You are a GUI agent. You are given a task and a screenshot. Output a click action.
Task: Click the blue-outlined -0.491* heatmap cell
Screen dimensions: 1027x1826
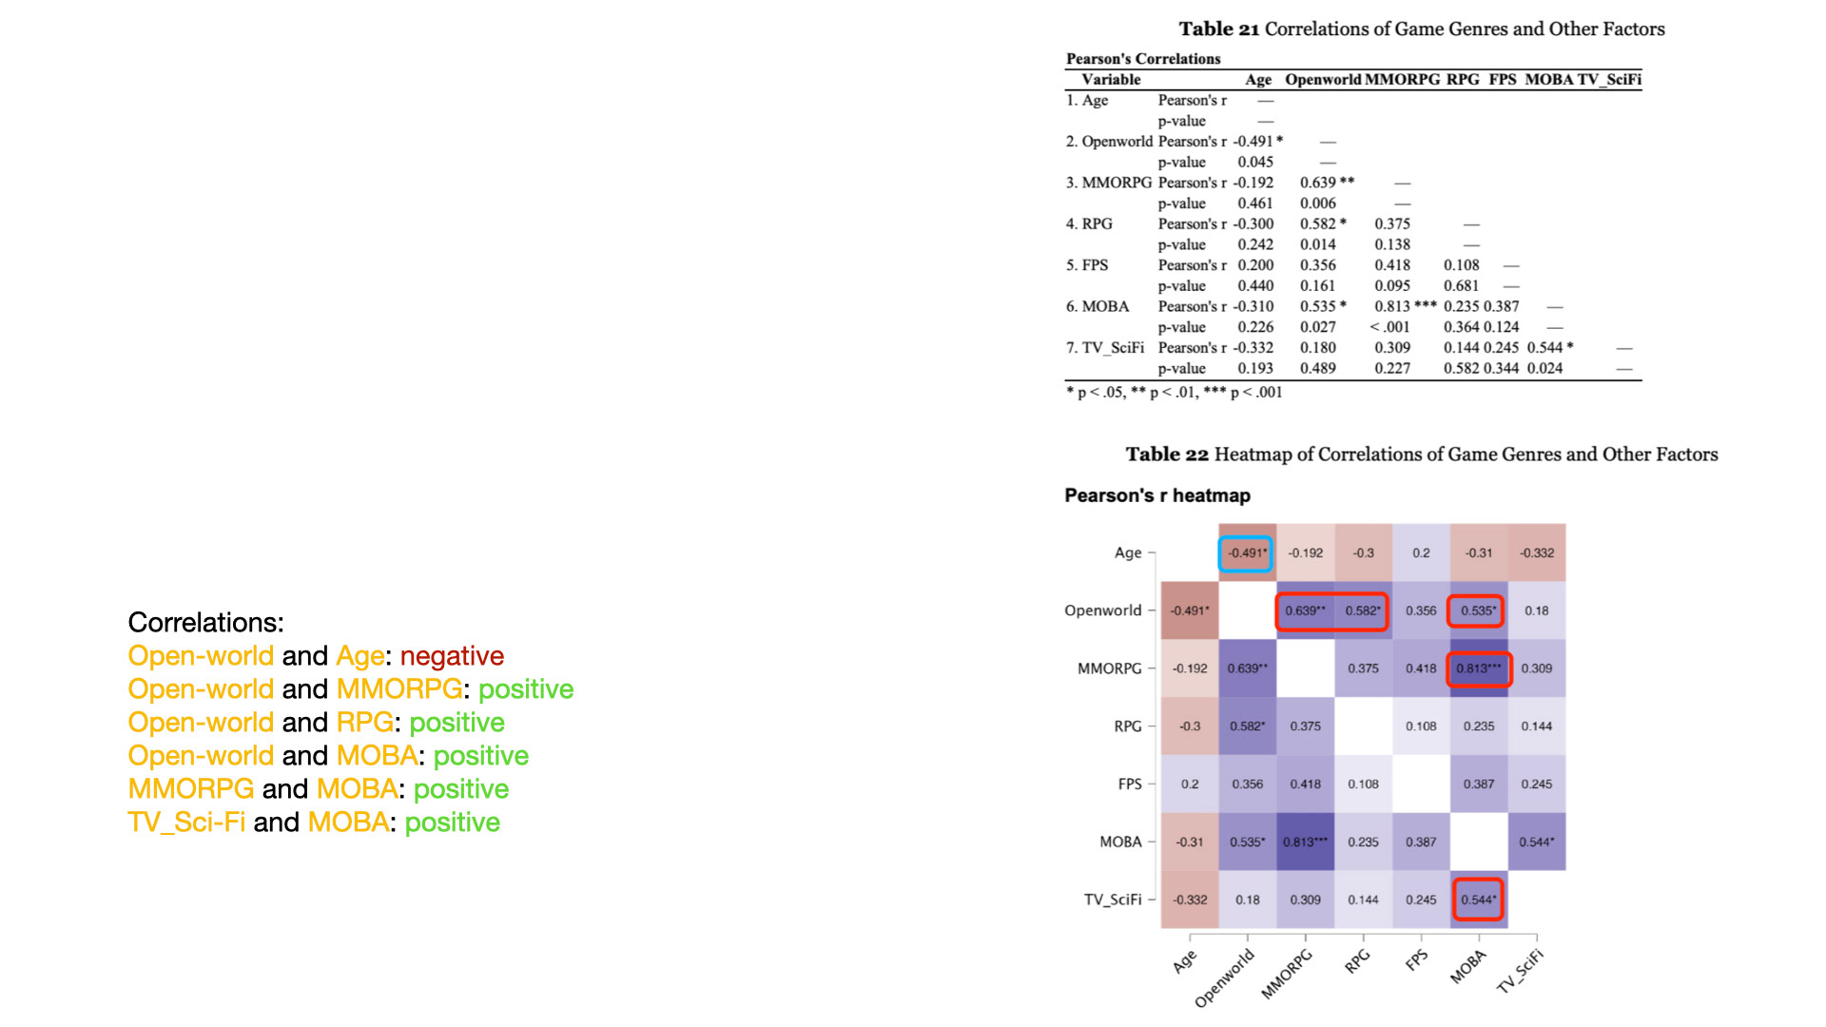[x=1246, y=552]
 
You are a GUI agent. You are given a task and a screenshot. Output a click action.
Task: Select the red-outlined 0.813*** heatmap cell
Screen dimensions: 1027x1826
[x=1478, y=669]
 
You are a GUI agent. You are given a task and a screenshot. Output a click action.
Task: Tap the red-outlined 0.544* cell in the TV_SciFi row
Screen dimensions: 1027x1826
[x=1478, y=900]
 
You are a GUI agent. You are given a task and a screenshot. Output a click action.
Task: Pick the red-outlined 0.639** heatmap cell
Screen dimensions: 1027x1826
[x=1305, y=610]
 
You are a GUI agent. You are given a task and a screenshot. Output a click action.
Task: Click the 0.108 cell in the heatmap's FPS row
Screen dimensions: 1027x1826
[x=1363, y=785]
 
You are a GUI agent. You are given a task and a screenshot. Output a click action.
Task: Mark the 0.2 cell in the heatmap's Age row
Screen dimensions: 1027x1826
[x=1421, y=552]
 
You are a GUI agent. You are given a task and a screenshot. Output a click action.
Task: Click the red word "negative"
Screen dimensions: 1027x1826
[x=452, y=656]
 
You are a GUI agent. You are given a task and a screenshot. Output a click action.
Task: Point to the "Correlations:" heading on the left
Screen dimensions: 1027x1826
[x=206, y=623]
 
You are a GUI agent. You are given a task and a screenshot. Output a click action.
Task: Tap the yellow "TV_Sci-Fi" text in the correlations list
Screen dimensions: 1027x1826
[x=186, y=823]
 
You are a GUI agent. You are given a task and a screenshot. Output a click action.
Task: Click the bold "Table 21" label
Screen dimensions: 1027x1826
[x=1218, y=29]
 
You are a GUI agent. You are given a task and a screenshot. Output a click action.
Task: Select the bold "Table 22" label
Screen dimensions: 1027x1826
[x=1167, y=455]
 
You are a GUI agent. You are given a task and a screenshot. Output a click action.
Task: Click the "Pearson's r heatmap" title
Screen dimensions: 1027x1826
[x=1157, y=495]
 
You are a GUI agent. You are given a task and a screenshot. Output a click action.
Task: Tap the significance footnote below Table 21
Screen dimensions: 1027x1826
[x=1174, y=393]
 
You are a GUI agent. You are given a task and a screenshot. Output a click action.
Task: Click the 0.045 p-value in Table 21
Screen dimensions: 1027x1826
[x=1255, y=163]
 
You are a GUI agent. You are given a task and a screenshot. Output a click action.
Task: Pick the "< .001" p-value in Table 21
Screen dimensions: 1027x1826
[x=1389, y=327]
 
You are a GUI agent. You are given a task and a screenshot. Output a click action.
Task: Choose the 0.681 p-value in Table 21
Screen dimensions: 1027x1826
[x=1461, y=286]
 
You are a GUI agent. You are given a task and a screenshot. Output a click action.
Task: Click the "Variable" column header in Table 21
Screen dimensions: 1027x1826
[x=1111, y=80]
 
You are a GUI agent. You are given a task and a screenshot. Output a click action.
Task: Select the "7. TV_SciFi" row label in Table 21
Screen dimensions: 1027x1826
[x=1104, y=348]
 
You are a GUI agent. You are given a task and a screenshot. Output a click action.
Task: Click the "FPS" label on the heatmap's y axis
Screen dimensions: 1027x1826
[x=1130, y=785]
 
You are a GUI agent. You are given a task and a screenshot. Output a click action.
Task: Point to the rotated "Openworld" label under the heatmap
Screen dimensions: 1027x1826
[x=1224, y=979]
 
